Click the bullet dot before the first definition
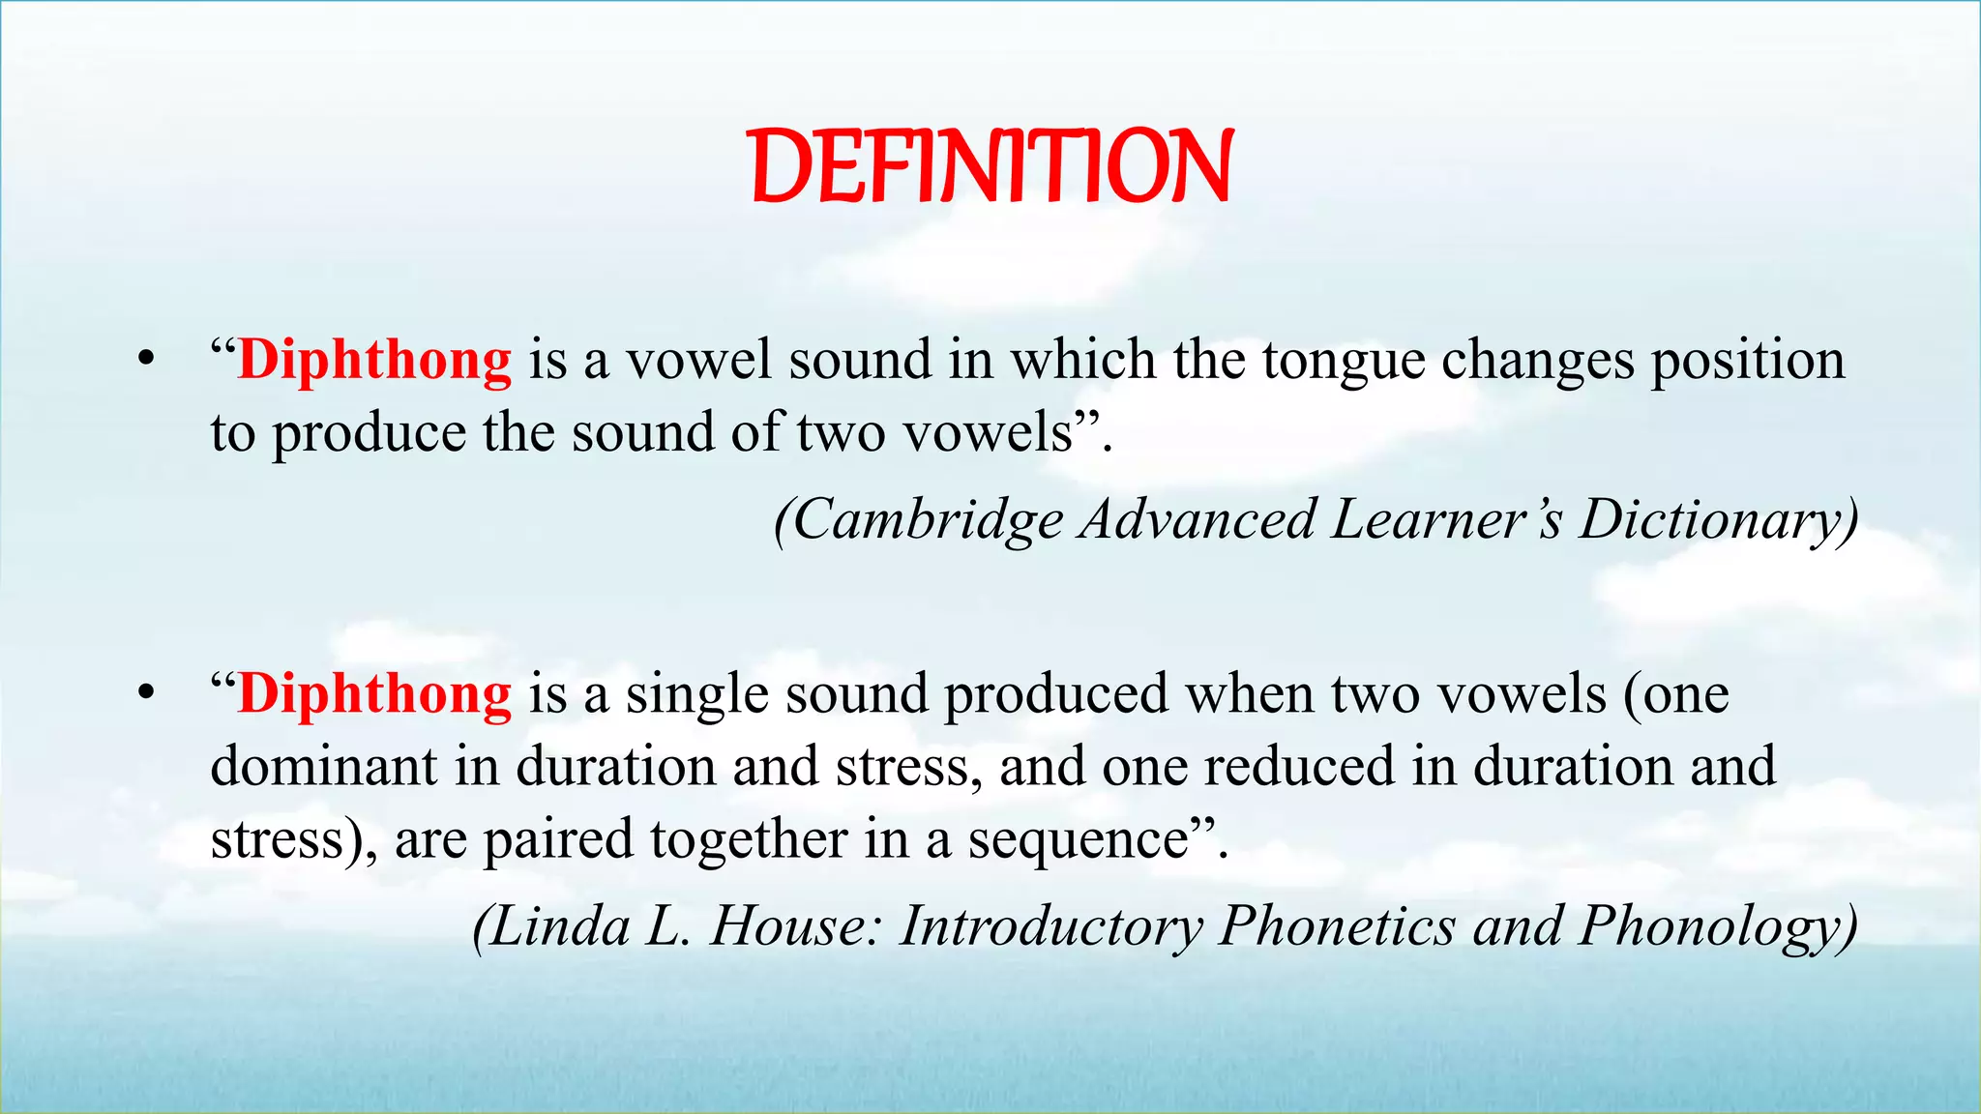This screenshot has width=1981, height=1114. (x=146, y=360)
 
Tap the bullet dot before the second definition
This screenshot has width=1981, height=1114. (x=146, y=693)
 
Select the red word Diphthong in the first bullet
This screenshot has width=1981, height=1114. (x=374, y=360)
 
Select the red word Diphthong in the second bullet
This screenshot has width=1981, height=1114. (x=374, y=693)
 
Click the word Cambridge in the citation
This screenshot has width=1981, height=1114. (x=929, y=520)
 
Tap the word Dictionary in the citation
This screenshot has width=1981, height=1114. (x=1718, y=520)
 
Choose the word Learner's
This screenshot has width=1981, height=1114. (x=1446, y=520)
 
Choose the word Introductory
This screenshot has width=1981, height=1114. (x=1051, y=926)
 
